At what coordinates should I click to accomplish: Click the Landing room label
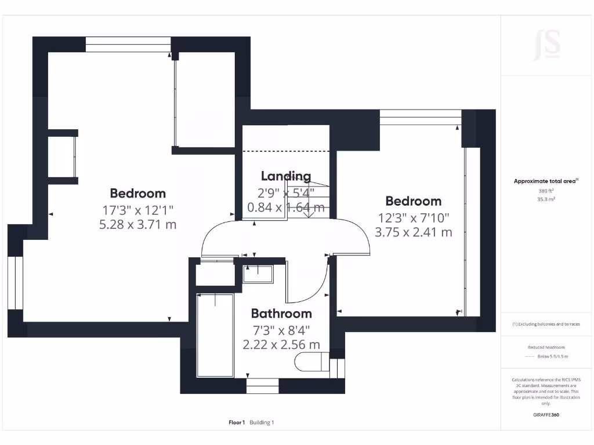(285, 176)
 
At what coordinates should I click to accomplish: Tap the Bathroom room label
(281, 313)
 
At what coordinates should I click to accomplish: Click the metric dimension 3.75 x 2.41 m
(414, 232)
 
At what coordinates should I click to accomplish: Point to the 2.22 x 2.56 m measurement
(281, 345)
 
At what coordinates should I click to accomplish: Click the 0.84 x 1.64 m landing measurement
(285, 207)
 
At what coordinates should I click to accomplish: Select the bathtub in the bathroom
(215, 335)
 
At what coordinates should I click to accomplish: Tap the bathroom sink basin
(258, 274)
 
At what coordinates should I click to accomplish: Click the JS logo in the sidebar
(546, 45)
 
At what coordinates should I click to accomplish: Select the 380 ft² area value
(546, 191)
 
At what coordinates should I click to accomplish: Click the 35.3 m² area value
(546, 199)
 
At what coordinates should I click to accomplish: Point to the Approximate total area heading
(545, 181)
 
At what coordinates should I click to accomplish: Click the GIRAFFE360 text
(546, 415)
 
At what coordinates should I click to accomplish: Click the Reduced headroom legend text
(546, 347)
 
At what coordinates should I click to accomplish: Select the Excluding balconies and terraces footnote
(546, 324)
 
